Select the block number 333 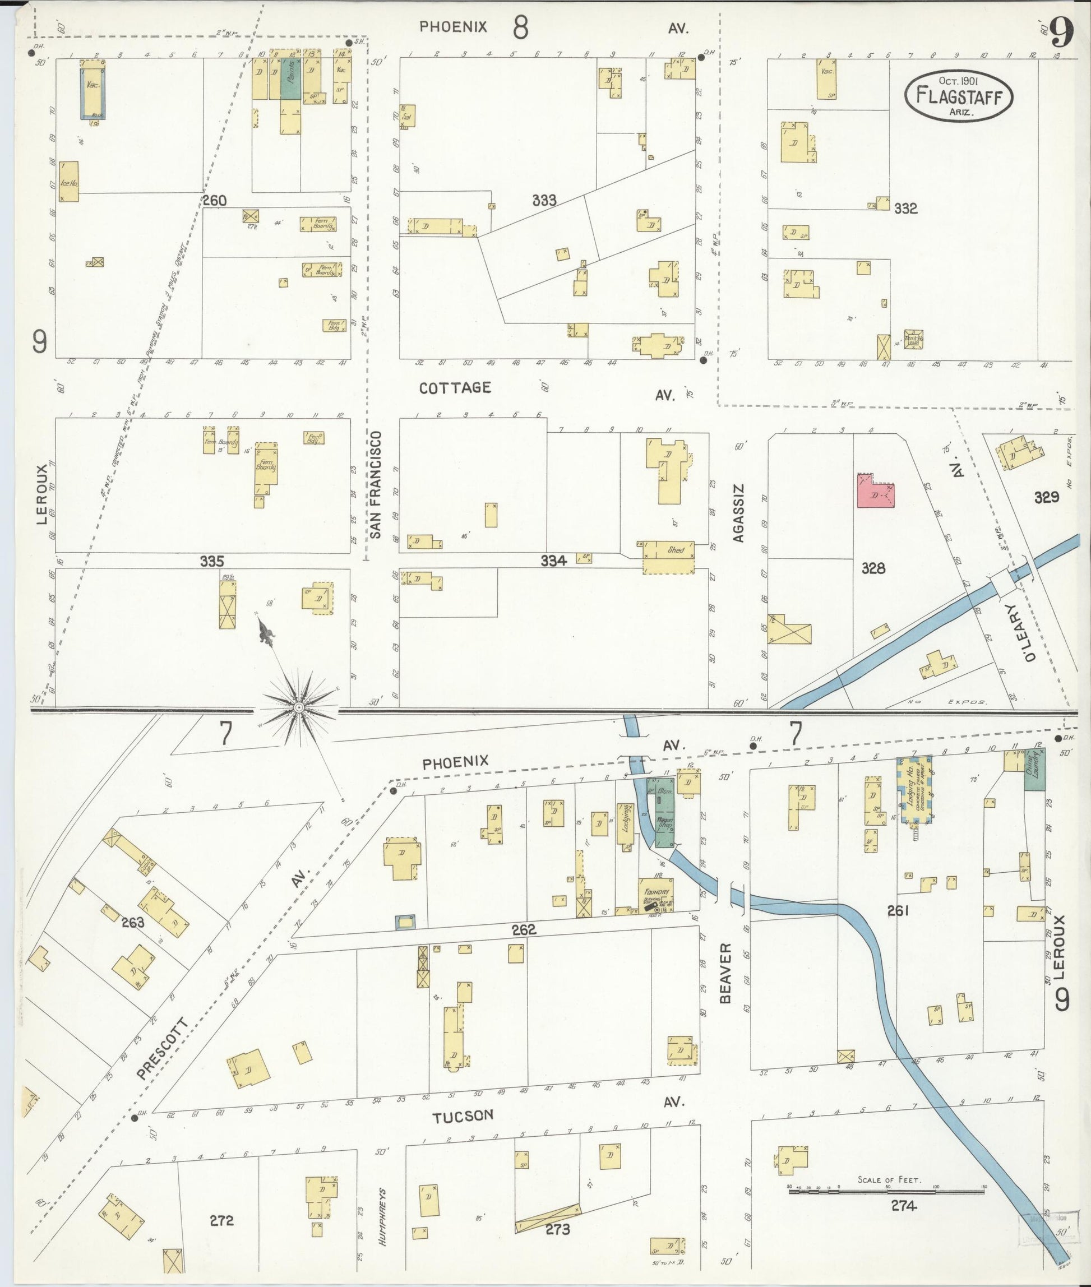[544, 200]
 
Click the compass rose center [299, 707]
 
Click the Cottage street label [455, 388]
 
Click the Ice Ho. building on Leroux [68, 181]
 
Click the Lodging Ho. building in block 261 [914, 790]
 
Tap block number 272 [221, 1220]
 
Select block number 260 [215, 200]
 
